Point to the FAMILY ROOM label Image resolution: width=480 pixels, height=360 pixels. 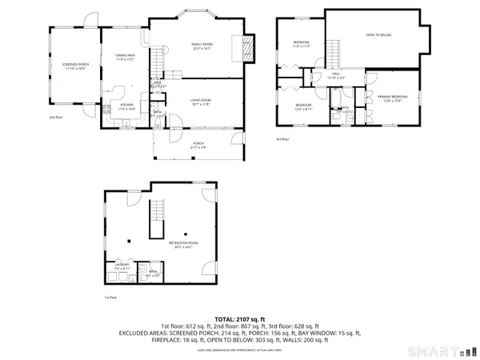point(190,47)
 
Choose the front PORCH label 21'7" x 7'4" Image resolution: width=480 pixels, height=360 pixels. point(198,145)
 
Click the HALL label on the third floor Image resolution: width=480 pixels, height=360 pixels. point(334,77)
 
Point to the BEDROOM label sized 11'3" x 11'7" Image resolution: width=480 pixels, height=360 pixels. point(301,43)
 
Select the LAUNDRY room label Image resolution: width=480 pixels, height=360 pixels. point(119,267)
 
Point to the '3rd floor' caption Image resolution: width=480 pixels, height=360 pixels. point(282,139)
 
